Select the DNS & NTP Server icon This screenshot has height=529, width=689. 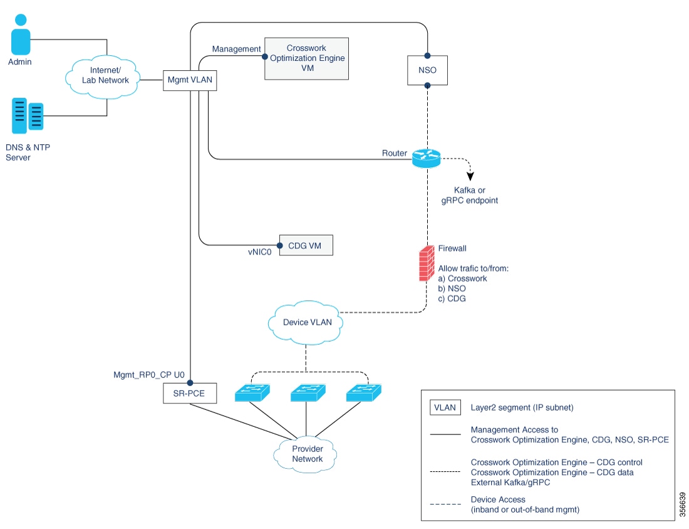pos(27,115)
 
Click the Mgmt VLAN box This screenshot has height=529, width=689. pos(190,80)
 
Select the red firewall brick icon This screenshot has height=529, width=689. pos(427,263)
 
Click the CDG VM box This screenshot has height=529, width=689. pos(306,245)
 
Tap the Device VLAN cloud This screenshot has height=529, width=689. pos(304,323)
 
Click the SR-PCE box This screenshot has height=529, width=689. pos(189,394)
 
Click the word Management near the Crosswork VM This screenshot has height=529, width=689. pos(236,49)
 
